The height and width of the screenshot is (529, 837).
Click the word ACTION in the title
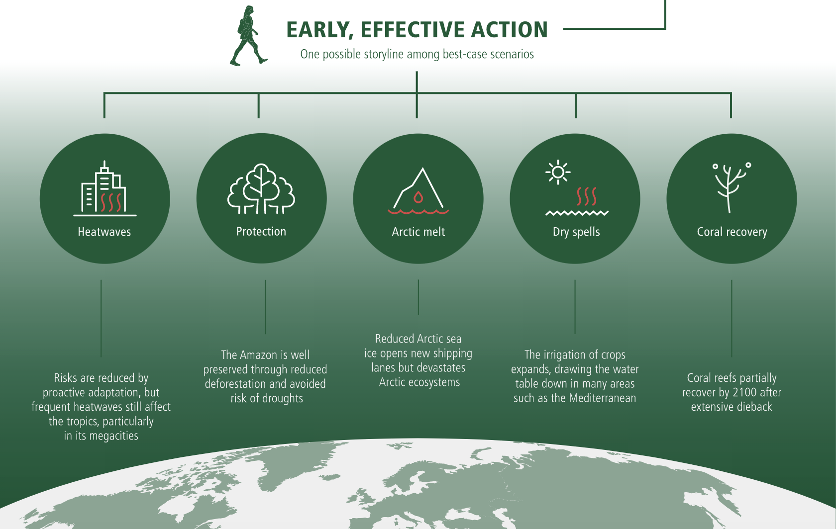[x=509, y=30]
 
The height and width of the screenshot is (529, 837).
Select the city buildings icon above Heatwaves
[x=105, y=188]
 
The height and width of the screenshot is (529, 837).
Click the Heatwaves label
[x=104, y=232]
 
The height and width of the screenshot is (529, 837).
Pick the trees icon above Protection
[x=261, y=188]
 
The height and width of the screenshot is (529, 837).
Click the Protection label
[x=261, y=232]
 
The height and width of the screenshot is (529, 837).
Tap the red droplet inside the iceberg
[x=418, y=197]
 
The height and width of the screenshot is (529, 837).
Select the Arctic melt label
[x=418, y=232]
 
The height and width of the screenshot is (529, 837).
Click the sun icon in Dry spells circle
[x=558, y=172]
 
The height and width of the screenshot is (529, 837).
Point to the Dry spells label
[x=576, y=232]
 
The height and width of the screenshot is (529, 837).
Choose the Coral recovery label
[x=732, y=232]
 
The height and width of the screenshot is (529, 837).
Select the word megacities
[x=113, y=436]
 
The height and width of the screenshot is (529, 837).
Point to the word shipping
[x=452, y=353]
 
